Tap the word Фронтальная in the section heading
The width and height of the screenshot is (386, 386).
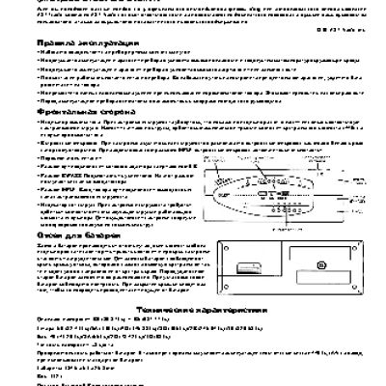pyautogui.click(x=33, y=137)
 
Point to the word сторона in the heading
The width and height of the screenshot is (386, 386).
pyautogui.click(x=82, y=137)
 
